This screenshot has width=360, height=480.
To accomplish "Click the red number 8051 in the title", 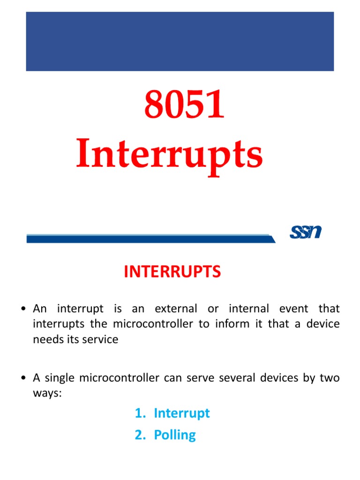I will (x=184, y=106).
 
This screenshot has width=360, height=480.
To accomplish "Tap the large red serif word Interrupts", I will (x=169, y=156).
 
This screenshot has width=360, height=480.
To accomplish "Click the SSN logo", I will (x=305, y=232).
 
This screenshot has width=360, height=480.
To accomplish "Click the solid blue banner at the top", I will (x=180, y=41).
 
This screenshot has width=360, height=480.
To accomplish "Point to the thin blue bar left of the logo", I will (x=150, y=239).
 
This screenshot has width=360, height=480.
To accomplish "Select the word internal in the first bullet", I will (x=248, y=309).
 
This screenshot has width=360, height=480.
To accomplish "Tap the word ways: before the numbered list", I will (x=47, y=393).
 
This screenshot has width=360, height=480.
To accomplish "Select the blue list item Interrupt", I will (x=181, y=413).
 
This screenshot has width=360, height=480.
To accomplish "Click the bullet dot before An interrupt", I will (x=23, y=309).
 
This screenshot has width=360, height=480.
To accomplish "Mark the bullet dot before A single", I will (x=23, y=378).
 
